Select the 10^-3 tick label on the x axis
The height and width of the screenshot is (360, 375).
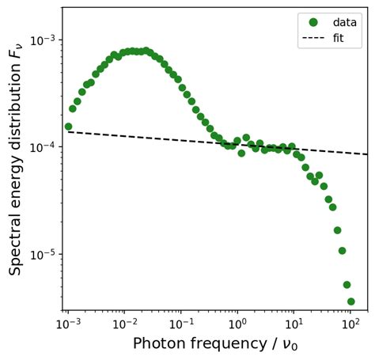(x=68, y=324)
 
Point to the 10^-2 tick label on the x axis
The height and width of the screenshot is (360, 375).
(x=124, y=324)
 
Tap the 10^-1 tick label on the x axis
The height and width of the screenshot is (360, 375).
(x=180, y=324)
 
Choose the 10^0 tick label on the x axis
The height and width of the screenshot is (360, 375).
(x=237, y=324)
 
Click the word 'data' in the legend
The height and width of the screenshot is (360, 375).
(x=344, y=22)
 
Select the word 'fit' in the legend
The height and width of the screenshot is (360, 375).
(x=339, y=37)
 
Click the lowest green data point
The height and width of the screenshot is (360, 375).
(x=350, y=301)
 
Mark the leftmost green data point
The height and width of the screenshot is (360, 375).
(x=68, y=127)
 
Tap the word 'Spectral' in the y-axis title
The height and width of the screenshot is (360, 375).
(x=16, y=245)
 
